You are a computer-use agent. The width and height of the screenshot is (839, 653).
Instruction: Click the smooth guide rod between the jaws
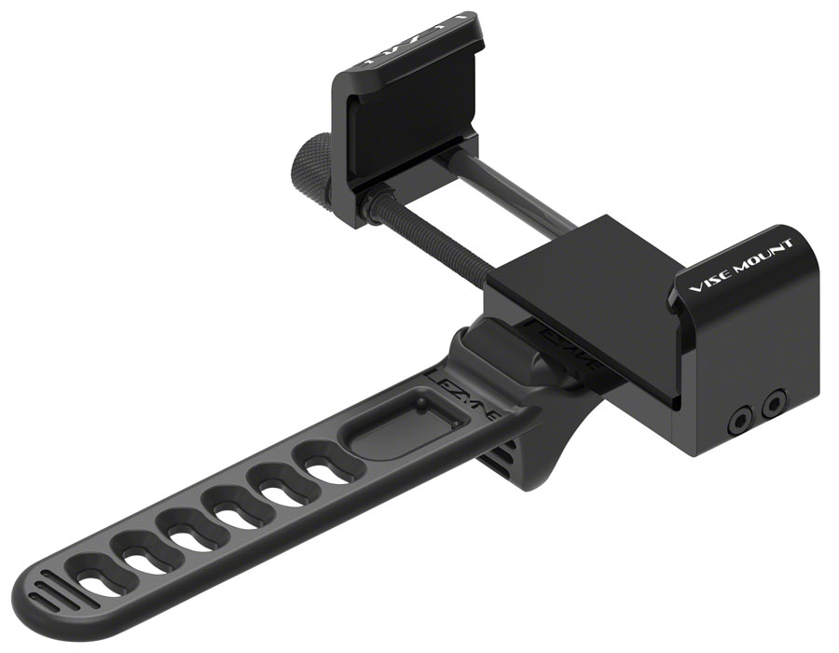(531, 196)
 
